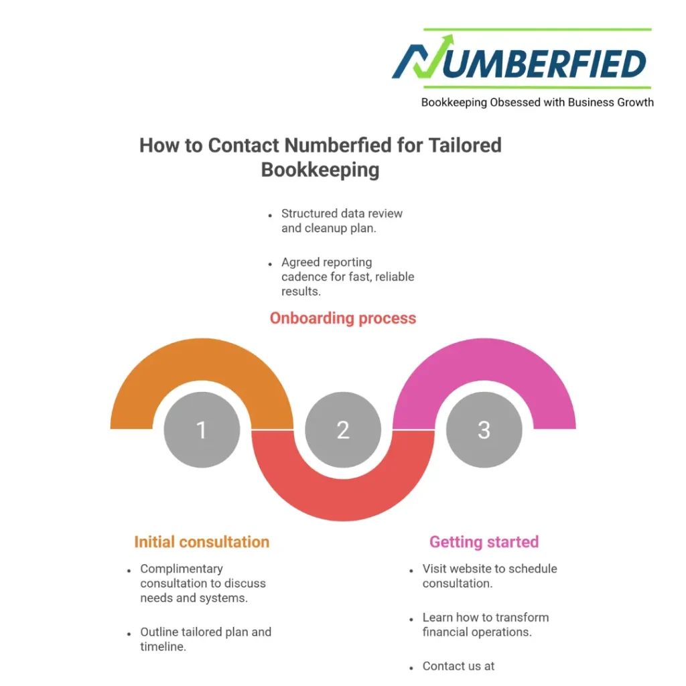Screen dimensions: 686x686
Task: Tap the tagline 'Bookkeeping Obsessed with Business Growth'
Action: tap(537, 102)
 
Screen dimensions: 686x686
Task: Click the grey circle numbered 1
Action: tap(202, 429)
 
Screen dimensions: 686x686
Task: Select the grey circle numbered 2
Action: tap(343, 429)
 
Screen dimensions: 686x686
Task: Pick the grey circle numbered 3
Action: tap(484, 429)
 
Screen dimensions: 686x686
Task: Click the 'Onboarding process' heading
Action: tap(343, 318)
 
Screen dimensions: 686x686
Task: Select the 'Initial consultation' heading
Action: tap(202, 542)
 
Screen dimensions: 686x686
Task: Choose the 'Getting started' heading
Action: tap(484, 542)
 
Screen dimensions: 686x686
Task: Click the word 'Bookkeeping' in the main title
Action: tap(320, 169)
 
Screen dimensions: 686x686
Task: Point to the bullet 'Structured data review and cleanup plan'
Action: tap(342, 220)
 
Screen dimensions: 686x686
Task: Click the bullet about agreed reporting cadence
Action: tap(347, 277)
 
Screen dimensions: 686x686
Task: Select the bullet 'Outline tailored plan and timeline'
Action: tap(205, 638)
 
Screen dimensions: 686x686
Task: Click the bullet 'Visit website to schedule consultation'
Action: tap(489, 575)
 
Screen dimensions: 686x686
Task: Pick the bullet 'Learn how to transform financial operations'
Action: tap(485, 624)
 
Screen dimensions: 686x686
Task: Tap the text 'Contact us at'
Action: tap(458, 666)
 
